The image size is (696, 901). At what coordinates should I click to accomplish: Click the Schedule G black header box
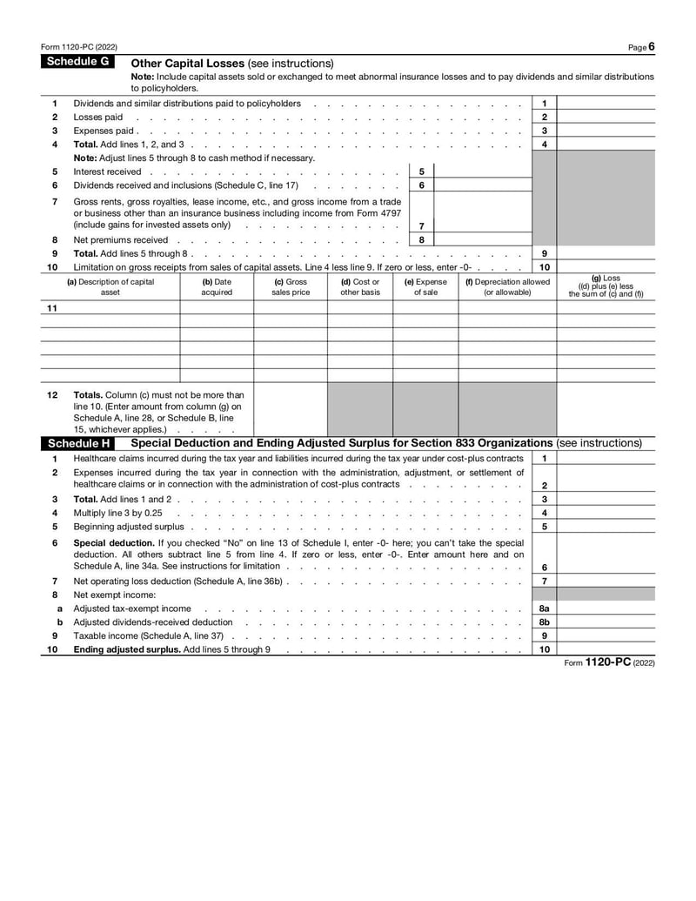tap(78, 62)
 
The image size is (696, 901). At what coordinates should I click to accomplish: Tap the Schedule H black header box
tap(78, 443)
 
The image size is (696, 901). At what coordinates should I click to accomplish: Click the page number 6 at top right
tap(651, 46)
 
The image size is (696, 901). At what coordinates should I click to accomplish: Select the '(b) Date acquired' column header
tap(217, 287)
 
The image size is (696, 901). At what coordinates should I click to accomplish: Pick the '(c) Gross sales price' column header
tap(291, 287)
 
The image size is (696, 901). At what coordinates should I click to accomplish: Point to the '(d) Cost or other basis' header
tap(360, 287)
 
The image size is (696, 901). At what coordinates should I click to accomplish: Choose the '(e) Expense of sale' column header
tap(425, 287)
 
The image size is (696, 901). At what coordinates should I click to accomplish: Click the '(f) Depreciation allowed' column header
tap(507, 287)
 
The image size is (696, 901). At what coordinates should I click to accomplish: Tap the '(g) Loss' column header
tap(606, 286)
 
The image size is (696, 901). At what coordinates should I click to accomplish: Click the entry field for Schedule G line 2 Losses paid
tap(606, 118)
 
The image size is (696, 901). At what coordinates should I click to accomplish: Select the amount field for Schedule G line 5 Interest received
tap(482, 172)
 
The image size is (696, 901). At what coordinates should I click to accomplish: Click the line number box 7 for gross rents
tap(421, 225)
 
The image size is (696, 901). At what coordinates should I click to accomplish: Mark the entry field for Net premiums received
tap(482, 239)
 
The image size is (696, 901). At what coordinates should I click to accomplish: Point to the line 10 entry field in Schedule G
tap(606, 267)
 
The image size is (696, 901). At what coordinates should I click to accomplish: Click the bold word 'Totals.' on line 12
tap(90, 395)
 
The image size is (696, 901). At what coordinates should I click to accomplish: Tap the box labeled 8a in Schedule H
tap(544, 609)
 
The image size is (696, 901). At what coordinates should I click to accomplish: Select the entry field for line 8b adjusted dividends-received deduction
tap(606, 622)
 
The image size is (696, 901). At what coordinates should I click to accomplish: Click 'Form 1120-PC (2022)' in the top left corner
tap(79, 46)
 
